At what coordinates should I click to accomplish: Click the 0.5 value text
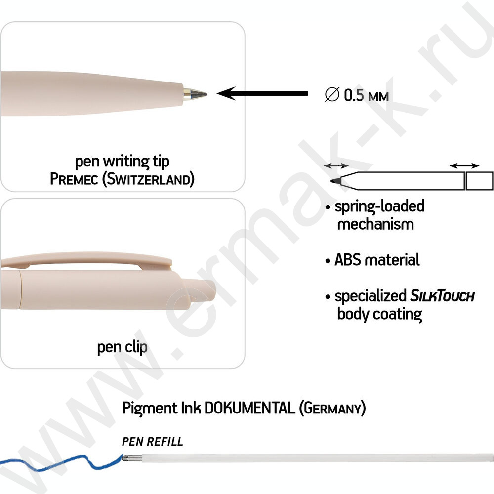click(355, 94)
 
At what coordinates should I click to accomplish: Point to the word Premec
click(74, 178)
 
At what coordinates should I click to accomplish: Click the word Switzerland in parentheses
click(147, 179)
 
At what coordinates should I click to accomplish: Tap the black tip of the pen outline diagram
click(335, 181)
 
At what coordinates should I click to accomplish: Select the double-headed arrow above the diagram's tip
click(336, 166)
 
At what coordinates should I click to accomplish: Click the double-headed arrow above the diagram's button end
click(464, 166)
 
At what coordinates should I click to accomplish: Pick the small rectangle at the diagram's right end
click(480, 181)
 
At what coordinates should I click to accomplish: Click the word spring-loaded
click(379, 206)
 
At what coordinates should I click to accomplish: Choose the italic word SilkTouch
click(442, 296)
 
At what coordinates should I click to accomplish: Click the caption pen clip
click(122, 347)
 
